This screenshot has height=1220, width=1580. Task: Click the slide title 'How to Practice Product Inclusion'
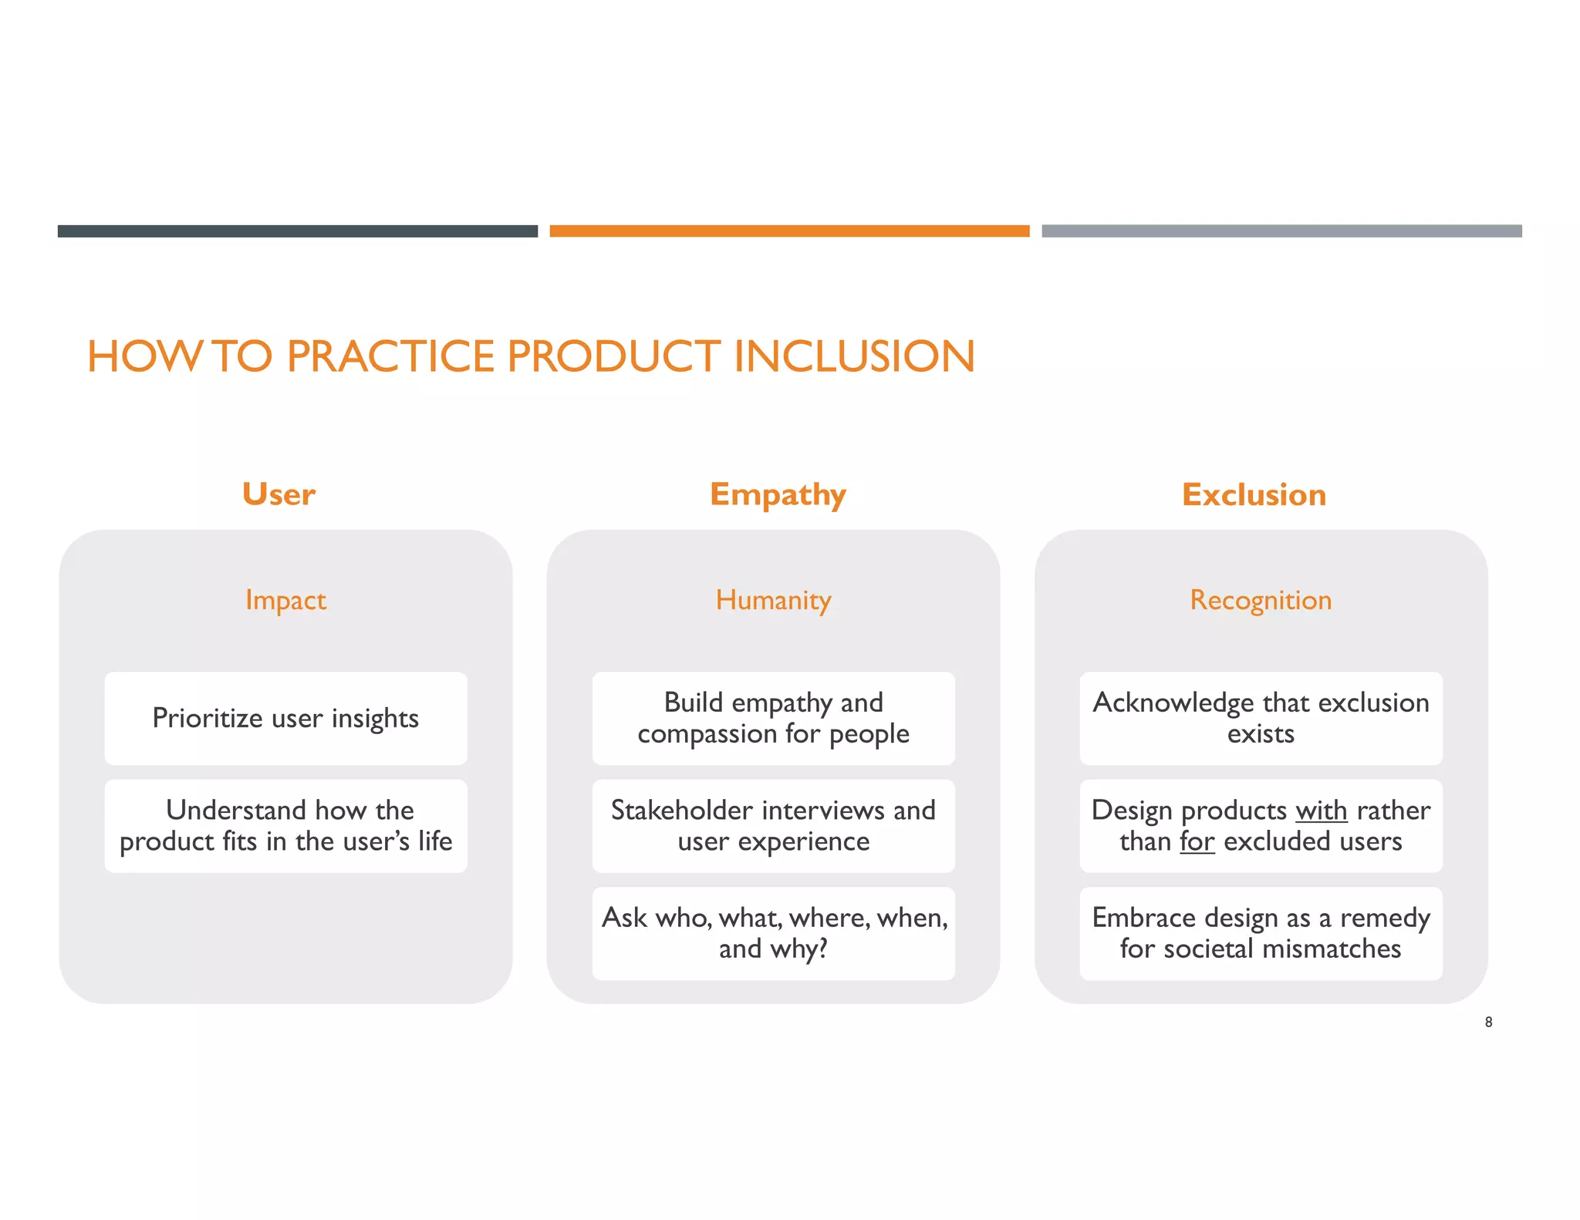click(531, 356)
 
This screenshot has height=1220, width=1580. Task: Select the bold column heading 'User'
click(279, 494)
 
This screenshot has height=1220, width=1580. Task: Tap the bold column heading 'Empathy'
click(778, 494)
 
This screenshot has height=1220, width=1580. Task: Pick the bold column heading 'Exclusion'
click(1254, 494)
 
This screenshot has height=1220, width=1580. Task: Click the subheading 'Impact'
click(285, 600)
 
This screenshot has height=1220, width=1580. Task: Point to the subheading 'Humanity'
click(773, 600)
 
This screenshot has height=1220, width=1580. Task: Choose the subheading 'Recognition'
click(1261, 600)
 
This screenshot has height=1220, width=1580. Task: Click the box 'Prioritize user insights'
click(285, 718)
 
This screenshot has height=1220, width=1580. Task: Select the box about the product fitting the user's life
click(285, 826)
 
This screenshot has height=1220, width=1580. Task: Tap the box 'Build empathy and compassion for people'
click(773, 718)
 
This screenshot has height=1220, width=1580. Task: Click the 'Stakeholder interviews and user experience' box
click(773, 826)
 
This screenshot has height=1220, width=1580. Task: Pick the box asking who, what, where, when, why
click(773, 933)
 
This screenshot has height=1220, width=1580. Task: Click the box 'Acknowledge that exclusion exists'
click(1261, 718)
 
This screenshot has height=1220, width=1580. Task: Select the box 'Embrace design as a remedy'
click(1261, 933)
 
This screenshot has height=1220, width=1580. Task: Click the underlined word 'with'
click(1321, 811)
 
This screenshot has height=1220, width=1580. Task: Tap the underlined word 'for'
click(1197, 841)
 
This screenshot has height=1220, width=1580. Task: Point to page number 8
click(1488, 1023)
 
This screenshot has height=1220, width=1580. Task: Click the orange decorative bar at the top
click(789, 231)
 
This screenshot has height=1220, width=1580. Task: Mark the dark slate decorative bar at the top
click(297, 231)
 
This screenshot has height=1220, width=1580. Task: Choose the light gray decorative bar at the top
click(1281, 231)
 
